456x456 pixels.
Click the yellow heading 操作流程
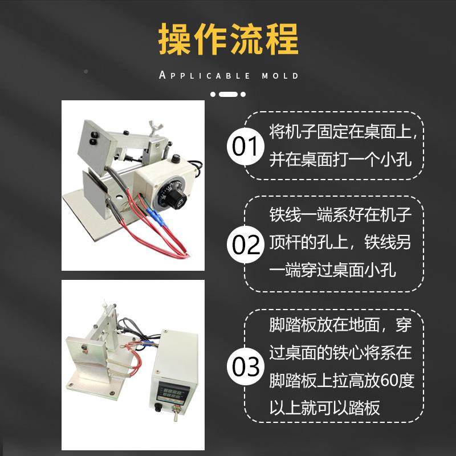click(228, 39)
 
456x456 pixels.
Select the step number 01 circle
click(245, 147)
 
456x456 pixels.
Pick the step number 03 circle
click(245, 365)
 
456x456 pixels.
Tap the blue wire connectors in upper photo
click(157, 216)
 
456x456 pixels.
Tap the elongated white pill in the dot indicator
click(228, 93)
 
